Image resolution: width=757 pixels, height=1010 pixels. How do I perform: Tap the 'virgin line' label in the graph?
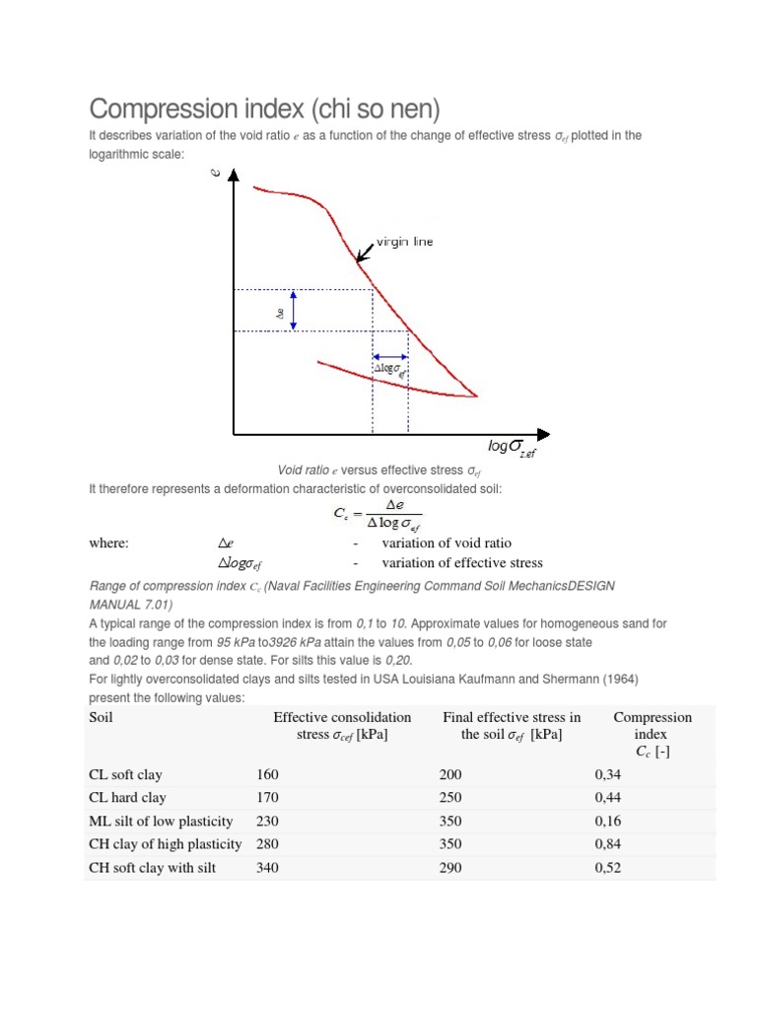[404, 242]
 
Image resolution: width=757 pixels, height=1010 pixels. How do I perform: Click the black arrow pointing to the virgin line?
[365, 252]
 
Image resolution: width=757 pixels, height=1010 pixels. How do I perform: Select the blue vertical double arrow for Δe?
[294, 311]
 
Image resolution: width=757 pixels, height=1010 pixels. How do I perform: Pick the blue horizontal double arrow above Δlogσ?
[390, 357]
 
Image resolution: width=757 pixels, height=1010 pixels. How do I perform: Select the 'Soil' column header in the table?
[101, 717]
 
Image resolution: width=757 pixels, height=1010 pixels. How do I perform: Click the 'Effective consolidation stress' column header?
[342, 725]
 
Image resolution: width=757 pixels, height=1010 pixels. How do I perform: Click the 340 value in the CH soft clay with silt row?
[267, 868]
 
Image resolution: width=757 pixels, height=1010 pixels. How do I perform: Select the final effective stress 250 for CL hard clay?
[449, 797]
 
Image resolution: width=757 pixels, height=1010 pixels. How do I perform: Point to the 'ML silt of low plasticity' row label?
[161, 821]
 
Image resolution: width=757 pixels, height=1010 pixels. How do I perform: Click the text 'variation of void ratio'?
[447, 542]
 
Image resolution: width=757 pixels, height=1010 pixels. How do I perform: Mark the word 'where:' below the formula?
[108, 542]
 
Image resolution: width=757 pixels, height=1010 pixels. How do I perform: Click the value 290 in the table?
[449, 868]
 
